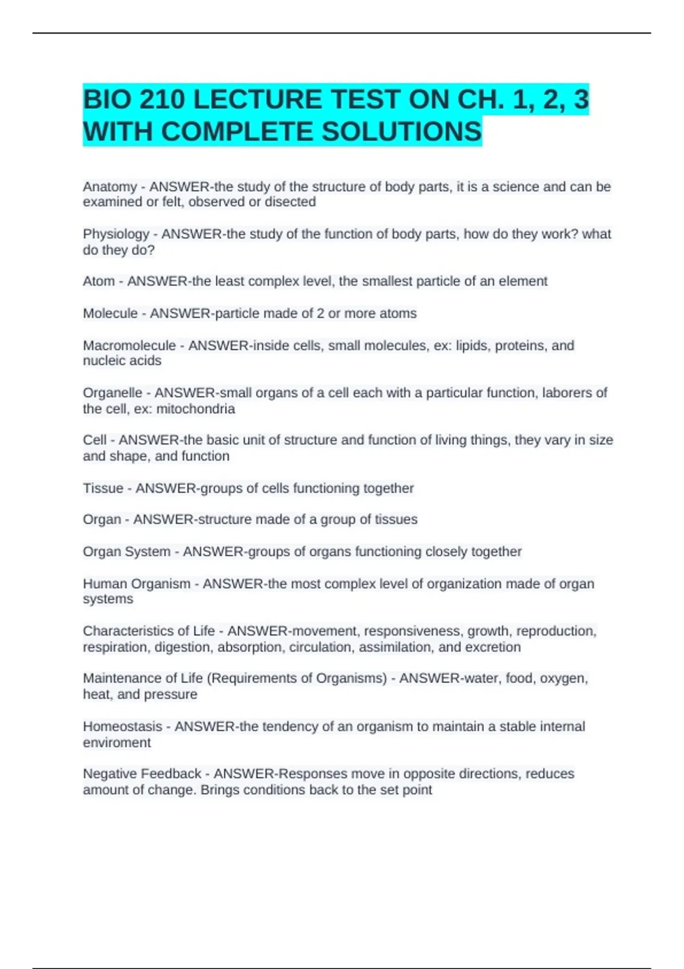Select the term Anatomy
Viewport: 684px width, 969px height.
pos(110,187)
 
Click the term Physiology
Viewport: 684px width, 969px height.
pos(116,234)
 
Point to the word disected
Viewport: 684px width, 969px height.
pos(290,202)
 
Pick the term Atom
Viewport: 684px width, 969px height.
pos(99,282)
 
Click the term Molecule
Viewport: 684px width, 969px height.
pos(110,313)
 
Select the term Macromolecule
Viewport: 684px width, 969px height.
pos(129,346)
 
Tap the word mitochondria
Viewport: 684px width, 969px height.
pos(196,409)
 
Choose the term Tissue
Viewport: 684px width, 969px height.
pos(103,488)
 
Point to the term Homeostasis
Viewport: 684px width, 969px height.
pos(123,727)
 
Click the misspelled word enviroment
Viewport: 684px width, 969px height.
pos(117,743)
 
